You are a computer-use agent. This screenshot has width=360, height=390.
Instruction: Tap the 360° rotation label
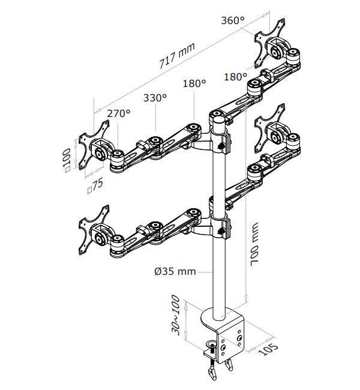pos(233,20)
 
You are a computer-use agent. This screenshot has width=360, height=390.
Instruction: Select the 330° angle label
pos(155,97)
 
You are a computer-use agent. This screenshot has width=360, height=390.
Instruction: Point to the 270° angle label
pos(119,113)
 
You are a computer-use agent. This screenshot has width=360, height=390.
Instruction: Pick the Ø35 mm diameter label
pos(175,271)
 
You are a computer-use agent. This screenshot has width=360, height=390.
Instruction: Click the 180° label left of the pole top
pos(194,84)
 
